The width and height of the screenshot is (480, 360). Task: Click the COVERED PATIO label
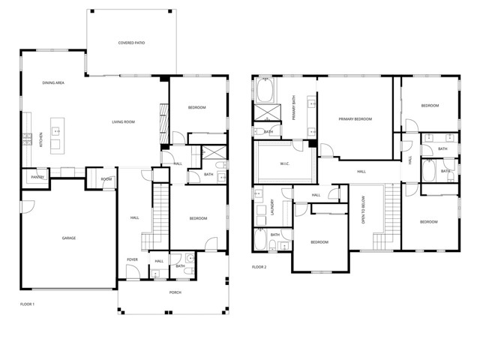point(131,43)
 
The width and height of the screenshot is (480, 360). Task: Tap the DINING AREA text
point(52,82)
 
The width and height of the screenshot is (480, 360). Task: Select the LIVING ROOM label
point(123,121)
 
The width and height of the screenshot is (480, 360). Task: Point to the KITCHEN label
point(31,139)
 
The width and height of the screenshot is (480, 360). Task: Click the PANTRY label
point(37,177)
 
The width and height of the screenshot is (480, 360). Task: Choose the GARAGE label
point(69,238)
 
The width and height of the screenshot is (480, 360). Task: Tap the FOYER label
point(132,259)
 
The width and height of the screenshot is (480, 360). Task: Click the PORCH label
point(175,292)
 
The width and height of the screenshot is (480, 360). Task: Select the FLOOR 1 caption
point(28,304)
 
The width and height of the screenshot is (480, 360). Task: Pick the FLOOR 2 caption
point(259,267)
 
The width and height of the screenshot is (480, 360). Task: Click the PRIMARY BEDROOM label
point(355,118)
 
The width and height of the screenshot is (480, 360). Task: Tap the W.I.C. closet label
point(285,163)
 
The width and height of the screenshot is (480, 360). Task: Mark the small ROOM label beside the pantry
point(106,179)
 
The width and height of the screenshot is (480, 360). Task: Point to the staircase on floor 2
point(389,217)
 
